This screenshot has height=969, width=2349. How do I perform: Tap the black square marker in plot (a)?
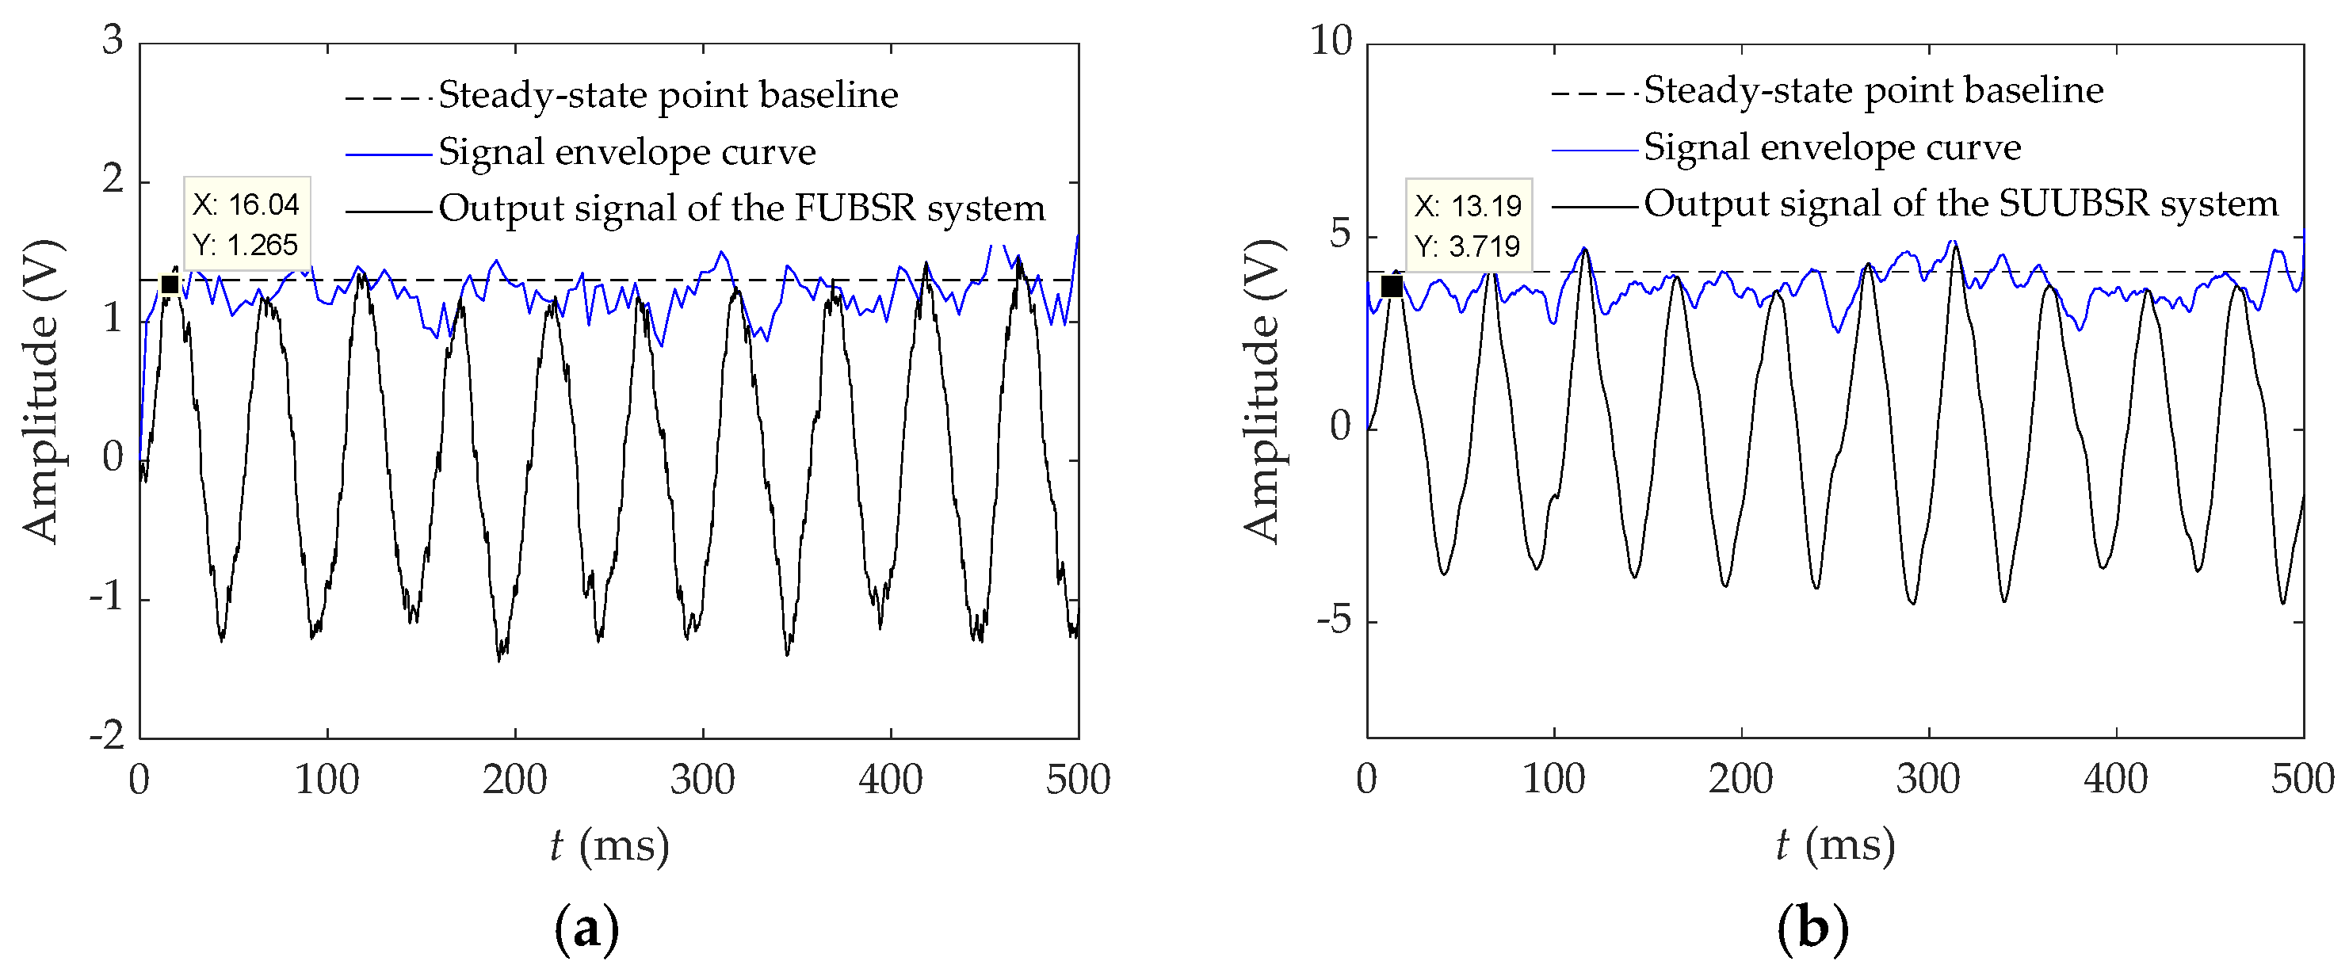[169, 284]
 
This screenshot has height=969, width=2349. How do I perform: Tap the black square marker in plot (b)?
[1392, 286]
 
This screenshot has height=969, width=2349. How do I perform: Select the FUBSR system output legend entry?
[740, 208]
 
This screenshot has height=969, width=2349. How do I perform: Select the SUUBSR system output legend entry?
[1961, 204]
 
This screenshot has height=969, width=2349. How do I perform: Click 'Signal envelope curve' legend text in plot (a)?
[626, 152]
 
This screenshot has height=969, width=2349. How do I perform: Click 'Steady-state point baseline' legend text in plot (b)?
[1873, 90]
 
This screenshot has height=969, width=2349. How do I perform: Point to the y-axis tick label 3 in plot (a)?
[113, 40]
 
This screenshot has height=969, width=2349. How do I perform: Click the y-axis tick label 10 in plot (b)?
[1331, 40]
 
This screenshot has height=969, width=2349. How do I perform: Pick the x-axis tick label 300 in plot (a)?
[702, 780]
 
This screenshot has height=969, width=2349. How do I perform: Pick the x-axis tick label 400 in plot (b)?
[2115, 780]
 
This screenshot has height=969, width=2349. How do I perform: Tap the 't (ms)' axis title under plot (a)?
[609, 846]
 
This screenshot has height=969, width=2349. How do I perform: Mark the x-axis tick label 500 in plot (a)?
[1078, 780]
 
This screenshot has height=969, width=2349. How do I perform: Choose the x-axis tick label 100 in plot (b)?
[1554, 780]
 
